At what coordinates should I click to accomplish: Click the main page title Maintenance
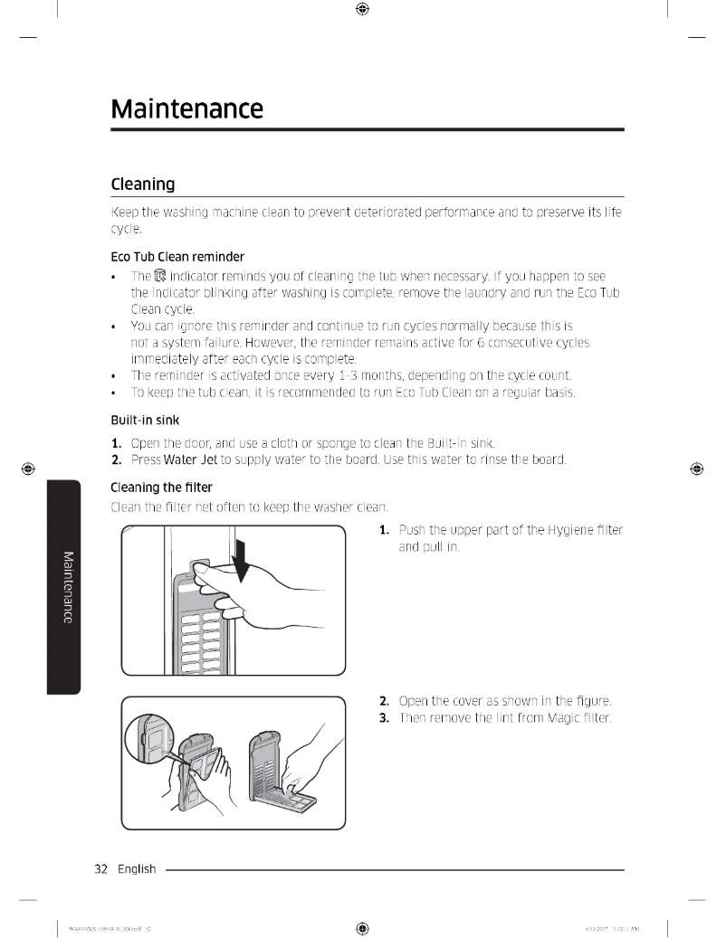click(186, 109)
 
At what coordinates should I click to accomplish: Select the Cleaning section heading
click(142, 184)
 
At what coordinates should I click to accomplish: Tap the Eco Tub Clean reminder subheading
click(177, 256)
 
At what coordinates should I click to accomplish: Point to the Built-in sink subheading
click(145, 421)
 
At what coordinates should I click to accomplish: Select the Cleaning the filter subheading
click(161, 487)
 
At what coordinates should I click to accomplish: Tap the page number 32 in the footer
click(101, 869)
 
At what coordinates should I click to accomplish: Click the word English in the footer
click(135, 869)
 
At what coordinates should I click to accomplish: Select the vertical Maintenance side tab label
click(64, 585)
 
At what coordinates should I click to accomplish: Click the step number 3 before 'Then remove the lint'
click(384, 718)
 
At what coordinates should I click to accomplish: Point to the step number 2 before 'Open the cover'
click(384, 701)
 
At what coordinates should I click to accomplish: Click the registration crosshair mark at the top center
click(362, 9)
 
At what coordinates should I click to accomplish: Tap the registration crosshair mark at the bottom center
click(362, 928)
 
